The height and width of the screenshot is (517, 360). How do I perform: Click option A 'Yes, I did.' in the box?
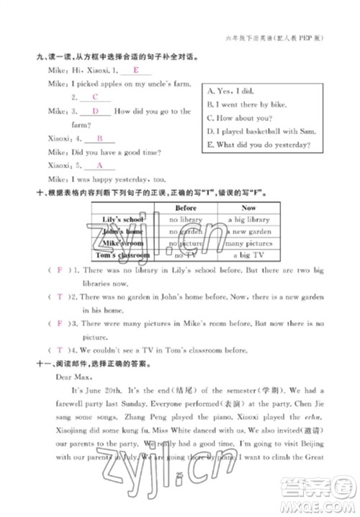[230, 91]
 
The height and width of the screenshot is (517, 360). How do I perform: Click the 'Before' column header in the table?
[186, 207]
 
